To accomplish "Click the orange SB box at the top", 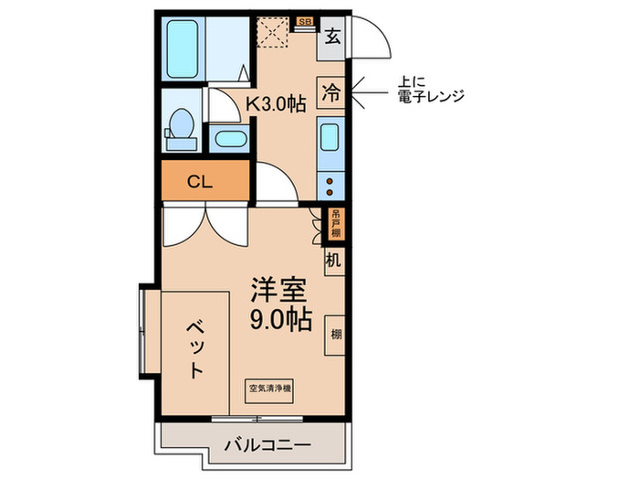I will click(305, 19).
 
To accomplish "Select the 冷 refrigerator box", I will click(331, 91).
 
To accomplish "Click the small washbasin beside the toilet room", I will click(228, 140).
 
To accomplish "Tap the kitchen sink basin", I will click(330, 141).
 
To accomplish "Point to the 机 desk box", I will click(333, 261).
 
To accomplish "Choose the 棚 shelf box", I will click(336, 334).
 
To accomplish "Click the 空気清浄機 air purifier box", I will click(269, 388).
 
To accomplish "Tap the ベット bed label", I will click(195, 348).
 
